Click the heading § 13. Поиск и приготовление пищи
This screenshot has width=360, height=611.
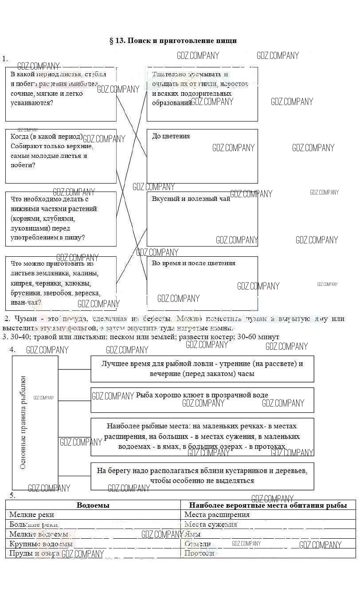click(x=173, y=41)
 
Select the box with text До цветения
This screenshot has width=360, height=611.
click(x=202, y=156)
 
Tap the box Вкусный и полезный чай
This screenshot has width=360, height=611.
click(x=202, y=219)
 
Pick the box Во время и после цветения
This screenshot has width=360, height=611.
click(x=202, y=283)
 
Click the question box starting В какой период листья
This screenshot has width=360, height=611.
click(x=61, y=94)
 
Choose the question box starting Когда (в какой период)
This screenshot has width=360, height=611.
click(x=61, y=156)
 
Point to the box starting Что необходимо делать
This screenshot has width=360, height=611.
click(x=61, y=219)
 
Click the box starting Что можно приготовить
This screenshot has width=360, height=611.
click(x=61, y=283)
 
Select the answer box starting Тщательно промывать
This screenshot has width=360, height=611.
click(x=202, y=94)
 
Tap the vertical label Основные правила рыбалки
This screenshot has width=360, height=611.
click(x=23, y=422)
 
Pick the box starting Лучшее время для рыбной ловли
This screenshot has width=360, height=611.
click(x=202, y=368)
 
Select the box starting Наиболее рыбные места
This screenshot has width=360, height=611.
click(x=202, y=437)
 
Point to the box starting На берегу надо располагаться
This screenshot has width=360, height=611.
click(x=202, y=476)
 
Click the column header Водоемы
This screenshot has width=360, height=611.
click(x=93, y=505)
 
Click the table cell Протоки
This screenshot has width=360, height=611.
click(x=199, y=553)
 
